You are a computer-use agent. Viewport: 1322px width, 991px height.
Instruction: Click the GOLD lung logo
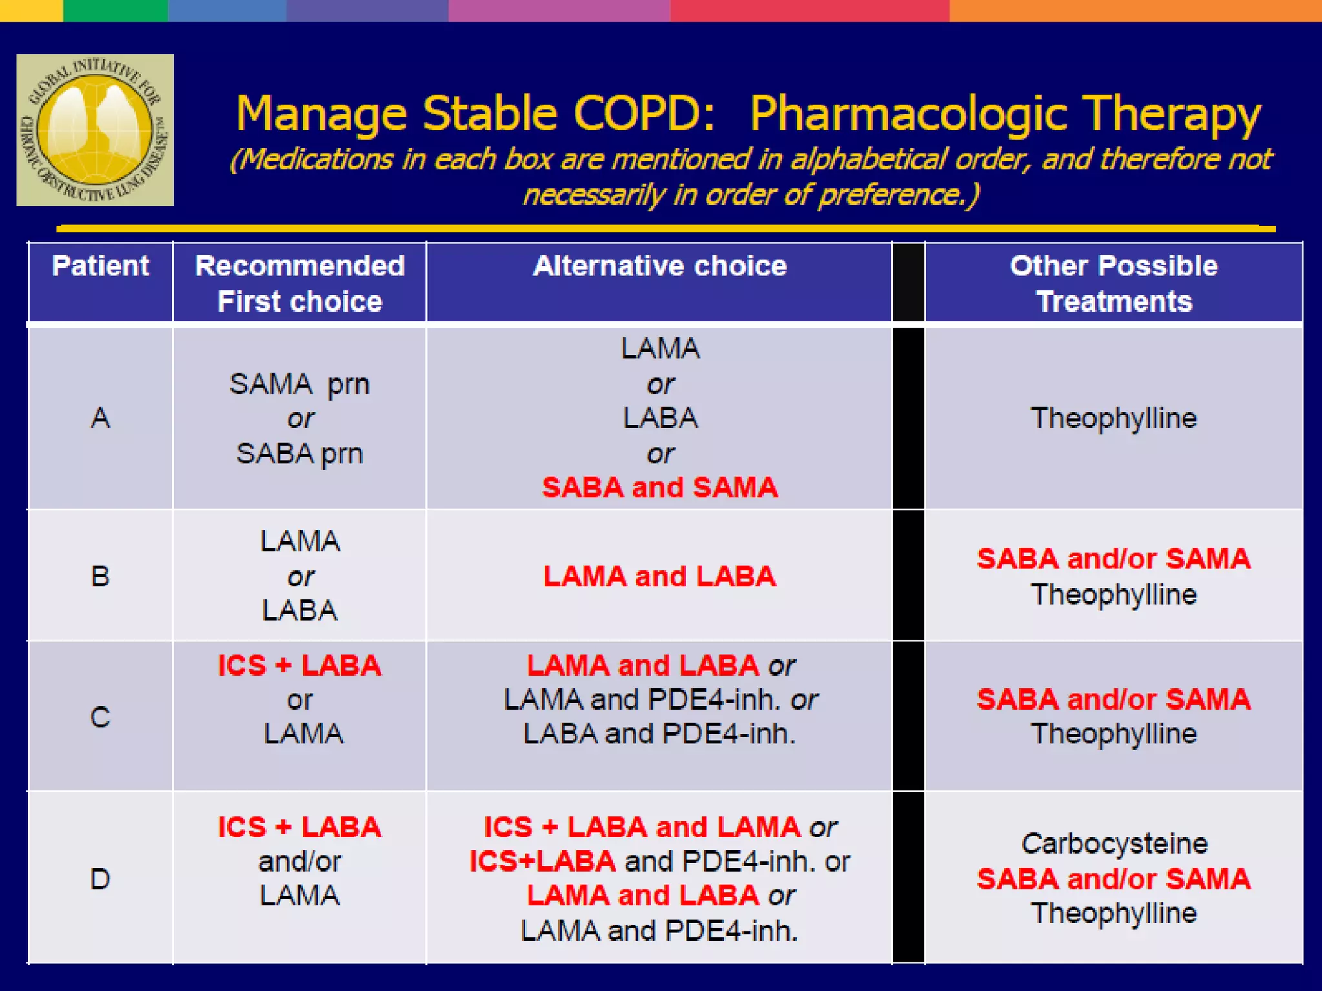95,130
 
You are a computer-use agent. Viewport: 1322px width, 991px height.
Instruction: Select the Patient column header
100,266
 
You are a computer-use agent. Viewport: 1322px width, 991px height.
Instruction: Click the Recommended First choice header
300,283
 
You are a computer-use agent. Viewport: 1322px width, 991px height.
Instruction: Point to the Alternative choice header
659,266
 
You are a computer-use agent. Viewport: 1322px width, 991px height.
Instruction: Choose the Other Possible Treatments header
1114,283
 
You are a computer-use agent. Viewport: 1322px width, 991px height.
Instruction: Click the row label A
100,418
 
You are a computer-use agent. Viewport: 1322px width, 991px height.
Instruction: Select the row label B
100,576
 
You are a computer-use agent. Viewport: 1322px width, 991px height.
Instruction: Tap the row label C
100,717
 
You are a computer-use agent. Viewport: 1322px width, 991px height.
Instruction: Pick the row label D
100,879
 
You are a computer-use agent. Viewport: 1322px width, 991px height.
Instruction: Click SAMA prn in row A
300,385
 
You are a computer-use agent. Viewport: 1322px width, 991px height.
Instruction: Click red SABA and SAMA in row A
660,487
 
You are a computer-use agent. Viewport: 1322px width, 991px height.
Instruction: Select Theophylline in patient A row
1114,418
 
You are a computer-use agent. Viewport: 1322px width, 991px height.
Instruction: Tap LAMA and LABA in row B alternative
660,576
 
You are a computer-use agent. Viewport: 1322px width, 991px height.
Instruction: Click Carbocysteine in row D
1114,843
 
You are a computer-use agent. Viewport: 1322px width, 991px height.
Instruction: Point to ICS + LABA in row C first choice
300,665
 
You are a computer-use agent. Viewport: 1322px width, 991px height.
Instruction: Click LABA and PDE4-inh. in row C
660,734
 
